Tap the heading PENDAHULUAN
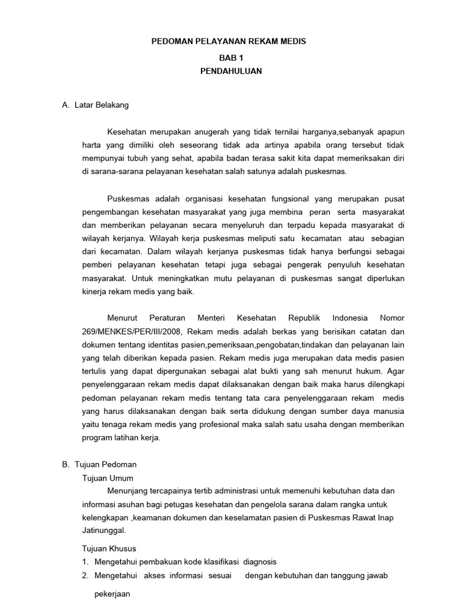[231, 70]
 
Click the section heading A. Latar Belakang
[95, 105]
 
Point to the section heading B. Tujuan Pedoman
[99, 465]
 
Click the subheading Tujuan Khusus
[108, 549]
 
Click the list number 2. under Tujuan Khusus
[85, 576]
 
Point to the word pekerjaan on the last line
[112, 593]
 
